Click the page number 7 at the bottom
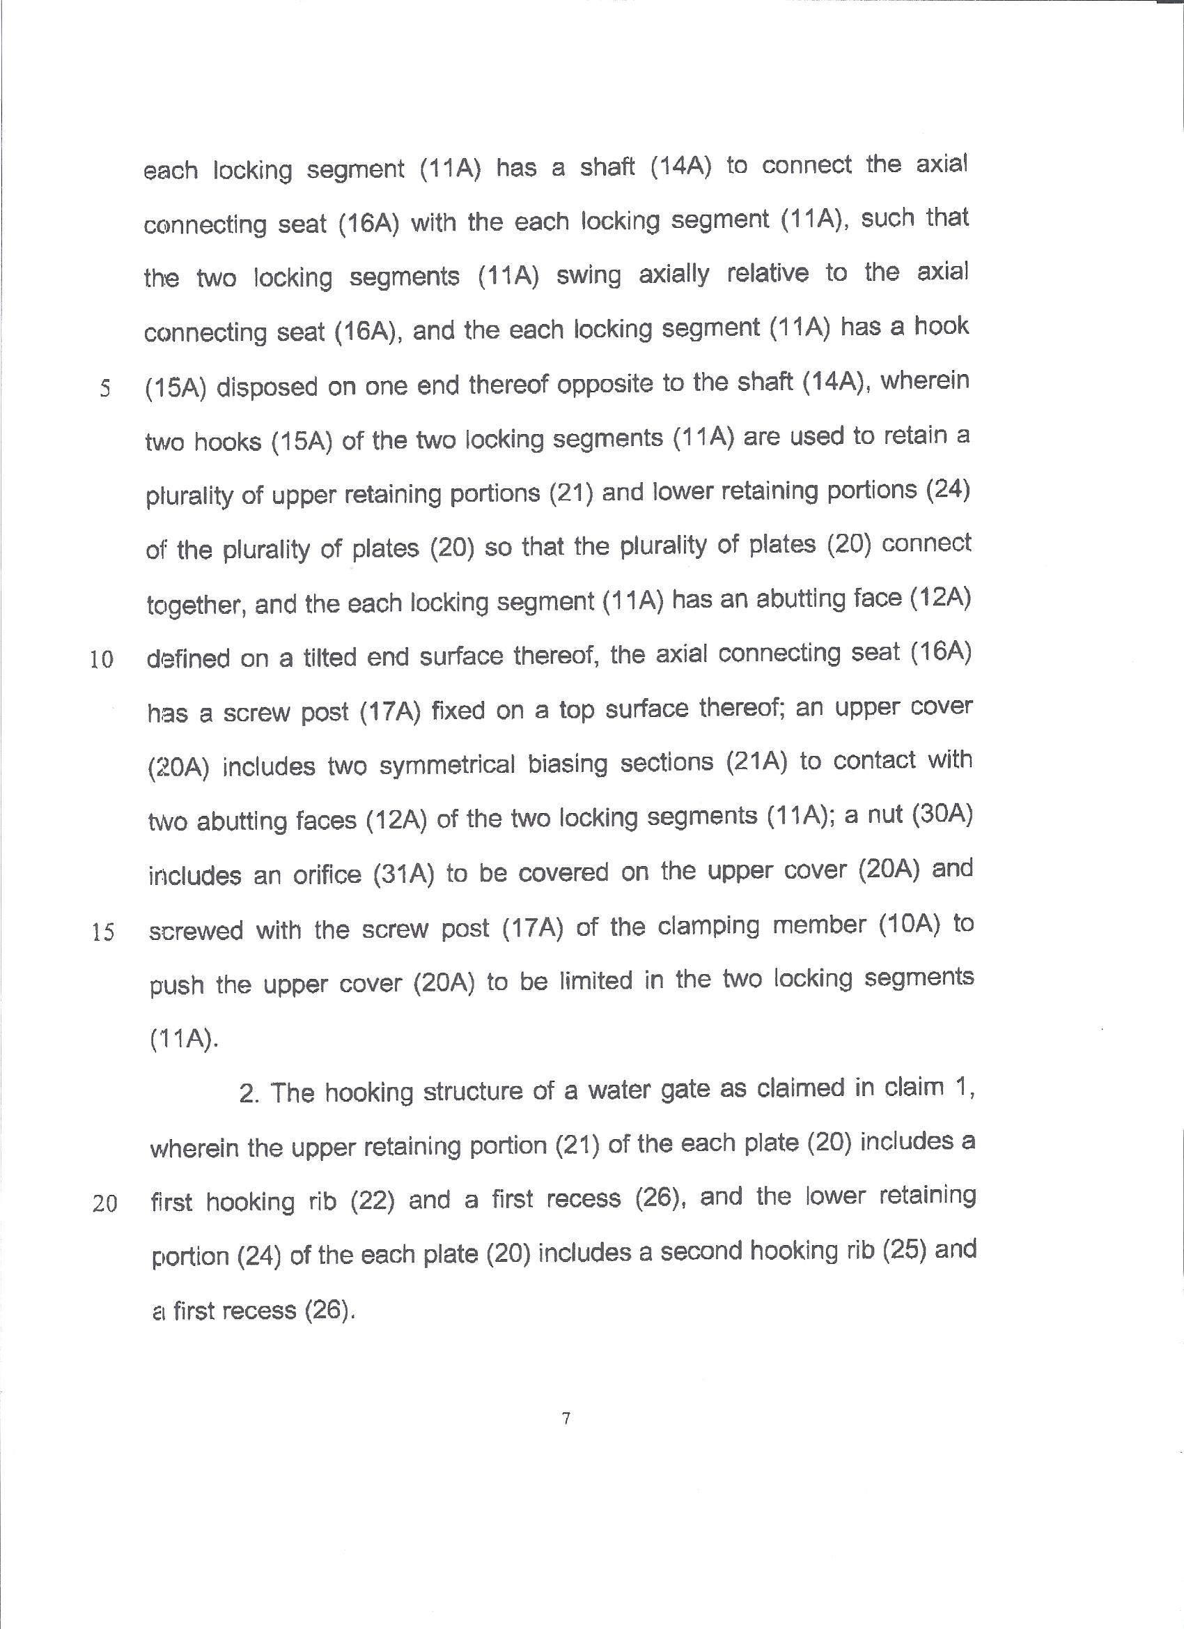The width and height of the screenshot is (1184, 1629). [x=566, y=1418]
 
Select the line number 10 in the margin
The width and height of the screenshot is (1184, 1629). [x=102, y=659]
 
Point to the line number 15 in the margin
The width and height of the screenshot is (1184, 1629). [x=103, y=932]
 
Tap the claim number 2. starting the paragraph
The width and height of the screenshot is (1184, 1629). [x=249, y=1093]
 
